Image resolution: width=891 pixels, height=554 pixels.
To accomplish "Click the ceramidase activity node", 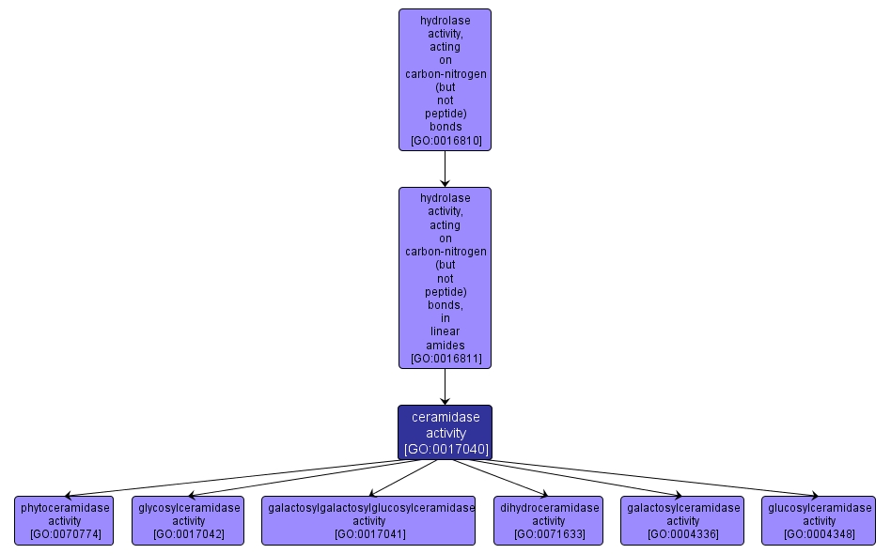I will click(x=445, y=432).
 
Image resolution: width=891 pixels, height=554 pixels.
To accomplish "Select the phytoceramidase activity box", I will click(x=64, y=520).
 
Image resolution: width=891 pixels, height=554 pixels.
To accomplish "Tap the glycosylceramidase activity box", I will click(x=188, y=520).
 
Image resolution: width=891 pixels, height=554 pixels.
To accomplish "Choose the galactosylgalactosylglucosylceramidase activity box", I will click(x=368, y=520).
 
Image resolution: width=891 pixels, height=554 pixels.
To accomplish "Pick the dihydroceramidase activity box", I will click(x=548, y=520).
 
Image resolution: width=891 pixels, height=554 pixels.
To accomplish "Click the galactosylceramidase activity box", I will click(x=682, y=520).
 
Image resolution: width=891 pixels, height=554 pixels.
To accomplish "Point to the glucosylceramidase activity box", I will click(x=819, y=520).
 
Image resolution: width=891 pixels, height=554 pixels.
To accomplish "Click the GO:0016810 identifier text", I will click(x=445, y=141).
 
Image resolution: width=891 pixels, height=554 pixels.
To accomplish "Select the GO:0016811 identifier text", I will click(x=445, y=359).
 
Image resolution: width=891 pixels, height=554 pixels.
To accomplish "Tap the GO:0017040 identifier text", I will click(x=445, y=449).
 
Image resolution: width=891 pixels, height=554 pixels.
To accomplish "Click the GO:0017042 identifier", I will click(x=188, y=534).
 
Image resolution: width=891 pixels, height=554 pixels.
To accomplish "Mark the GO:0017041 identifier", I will click(x=369, y=534).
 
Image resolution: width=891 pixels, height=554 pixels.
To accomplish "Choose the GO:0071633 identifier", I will click(x=549, y=534).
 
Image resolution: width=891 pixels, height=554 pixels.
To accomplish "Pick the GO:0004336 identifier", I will click(x=682, y=534).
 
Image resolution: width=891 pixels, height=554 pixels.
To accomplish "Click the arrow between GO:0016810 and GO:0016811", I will click(x=445, y=169).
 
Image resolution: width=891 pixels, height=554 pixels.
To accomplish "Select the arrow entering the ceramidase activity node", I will click(x=445, y=387).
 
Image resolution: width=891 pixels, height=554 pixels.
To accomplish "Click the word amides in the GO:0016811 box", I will click(x=445, y=346).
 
